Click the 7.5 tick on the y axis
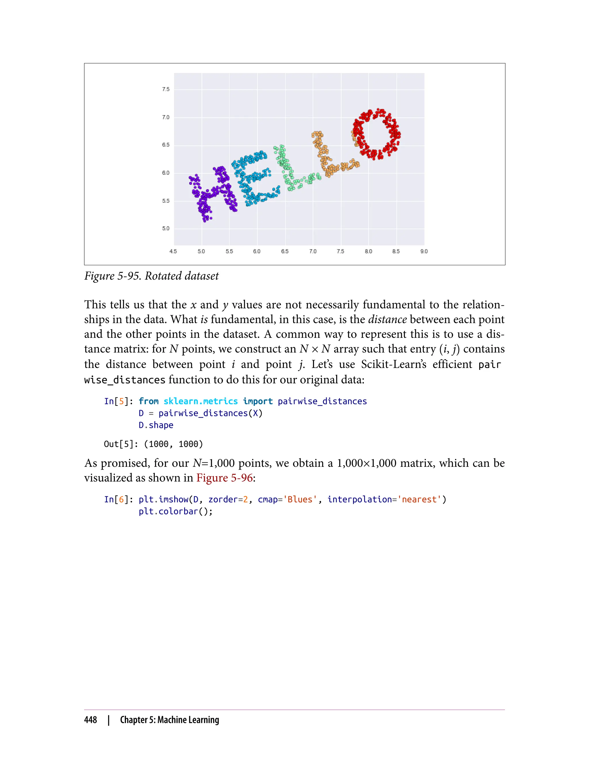tap(165, 89)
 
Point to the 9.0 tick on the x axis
tap(424, 251)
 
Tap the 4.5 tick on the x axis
tap(173, 251)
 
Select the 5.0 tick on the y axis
tap(165, 229)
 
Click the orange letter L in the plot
tap(330, 158)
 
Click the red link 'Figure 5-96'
tap(224, 478)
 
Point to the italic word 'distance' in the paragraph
tap(387, 319)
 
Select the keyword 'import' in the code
tap(258, 401)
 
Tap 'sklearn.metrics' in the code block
tap(200, 401)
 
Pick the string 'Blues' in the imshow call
tap(300, 499)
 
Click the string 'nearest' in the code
tap(419, 499)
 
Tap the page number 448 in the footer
tap(91, 720)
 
